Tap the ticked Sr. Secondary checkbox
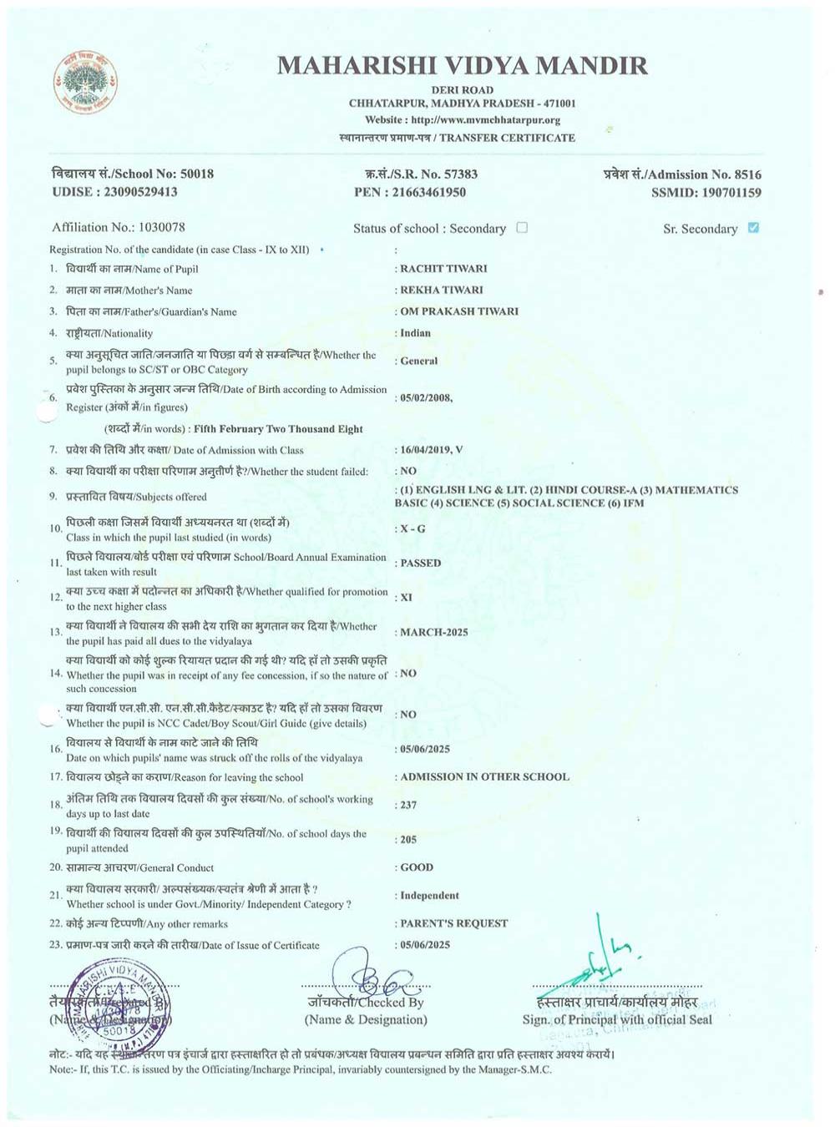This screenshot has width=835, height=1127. [x=753, y=227]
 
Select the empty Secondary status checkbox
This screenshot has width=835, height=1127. [x=522, y=227]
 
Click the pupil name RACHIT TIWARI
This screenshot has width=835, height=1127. [x=443, y=269]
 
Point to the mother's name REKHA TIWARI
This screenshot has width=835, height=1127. [x=442, y=290]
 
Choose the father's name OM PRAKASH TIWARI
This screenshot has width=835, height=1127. [x=459, y=311]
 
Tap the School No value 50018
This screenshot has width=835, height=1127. [x=197, y=174]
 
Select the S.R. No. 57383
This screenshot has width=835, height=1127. [x=460, y=174]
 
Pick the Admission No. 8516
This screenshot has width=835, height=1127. [x=747, y=174]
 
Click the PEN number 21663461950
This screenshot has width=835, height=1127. [x=429, y=192]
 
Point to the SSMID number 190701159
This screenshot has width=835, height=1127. [x=731, y=193]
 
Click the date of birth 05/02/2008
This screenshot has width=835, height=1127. [x=426, y=398]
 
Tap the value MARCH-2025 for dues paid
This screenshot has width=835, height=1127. [x=433, y=632]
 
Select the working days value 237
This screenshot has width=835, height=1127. [x=408, y=805]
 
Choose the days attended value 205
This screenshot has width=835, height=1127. [x=408, y=840]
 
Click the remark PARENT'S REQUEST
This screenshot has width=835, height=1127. [x=453, y=923]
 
